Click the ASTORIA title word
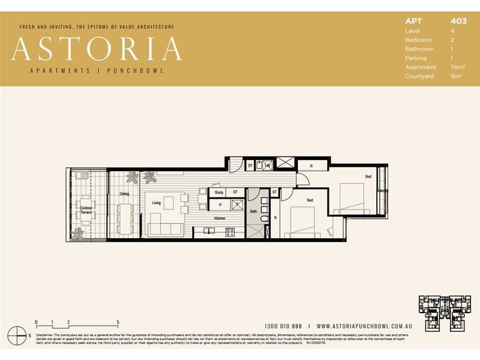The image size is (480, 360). (97, 49)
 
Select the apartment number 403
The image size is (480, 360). (458, 21)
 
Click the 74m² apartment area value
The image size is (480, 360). (458, 67)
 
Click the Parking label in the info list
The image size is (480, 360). (416, 58)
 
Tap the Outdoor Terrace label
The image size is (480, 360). (87, 211)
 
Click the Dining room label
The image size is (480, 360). (124, 194)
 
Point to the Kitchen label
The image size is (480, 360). (220, 218)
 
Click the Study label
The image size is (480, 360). (220, 193)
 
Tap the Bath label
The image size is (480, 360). (253, 211)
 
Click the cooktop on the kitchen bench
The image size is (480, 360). (229, 233)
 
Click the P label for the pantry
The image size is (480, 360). (220, 205)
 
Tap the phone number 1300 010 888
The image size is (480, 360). (284, 325)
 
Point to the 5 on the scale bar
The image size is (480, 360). (118, 322)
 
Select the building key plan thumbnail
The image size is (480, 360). (445, 312)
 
